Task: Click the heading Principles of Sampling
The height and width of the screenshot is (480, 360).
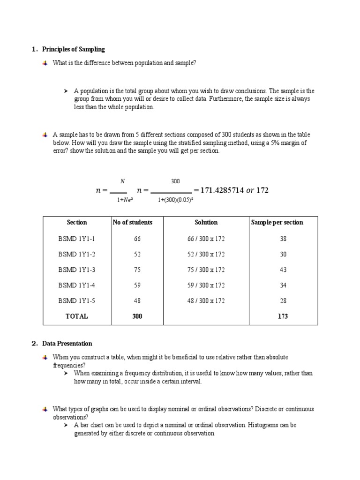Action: (74, 49)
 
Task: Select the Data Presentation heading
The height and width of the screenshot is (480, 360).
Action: (67, 344)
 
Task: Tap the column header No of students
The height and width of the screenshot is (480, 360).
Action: (133, 222)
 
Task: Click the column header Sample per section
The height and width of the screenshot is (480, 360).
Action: (277, 222)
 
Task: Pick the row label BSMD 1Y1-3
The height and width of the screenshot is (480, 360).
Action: (76, 270)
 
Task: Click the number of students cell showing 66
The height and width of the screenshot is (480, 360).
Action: (137, 239)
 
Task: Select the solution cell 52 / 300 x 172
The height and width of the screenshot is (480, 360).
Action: (206, 254)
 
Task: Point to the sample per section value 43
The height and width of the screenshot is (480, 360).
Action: (283, 270)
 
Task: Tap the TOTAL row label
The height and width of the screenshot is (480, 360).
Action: (76, 316)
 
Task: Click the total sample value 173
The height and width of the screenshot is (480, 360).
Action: (283, 316)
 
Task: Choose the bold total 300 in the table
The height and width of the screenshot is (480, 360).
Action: (137, 316)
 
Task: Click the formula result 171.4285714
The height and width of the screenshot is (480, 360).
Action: (222, 190)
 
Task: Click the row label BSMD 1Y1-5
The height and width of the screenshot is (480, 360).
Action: (76, 300)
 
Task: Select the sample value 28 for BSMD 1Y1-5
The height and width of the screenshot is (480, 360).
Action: (283, 300)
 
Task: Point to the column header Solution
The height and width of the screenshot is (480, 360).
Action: (206, 222)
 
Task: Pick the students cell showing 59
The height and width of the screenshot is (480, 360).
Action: (137, 285)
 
